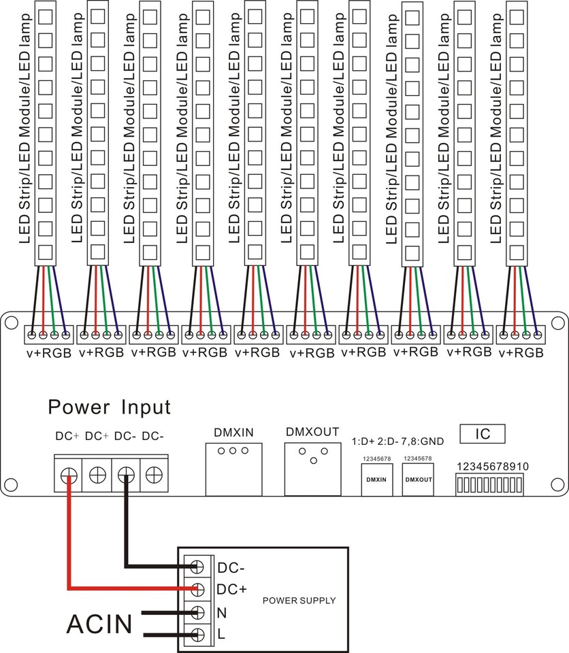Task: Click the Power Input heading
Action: (109, 407)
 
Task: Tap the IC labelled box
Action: (481, 433)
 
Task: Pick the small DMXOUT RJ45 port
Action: (418, 479)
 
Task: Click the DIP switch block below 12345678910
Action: (489, 485)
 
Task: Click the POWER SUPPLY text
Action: (299, 601)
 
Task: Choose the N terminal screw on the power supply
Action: (198, 612)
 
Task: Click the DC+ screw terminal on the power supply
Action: (198, 589)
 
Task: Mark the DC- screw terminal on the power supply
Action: (198, 566)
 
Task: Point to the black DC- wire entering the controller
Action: (126, 524)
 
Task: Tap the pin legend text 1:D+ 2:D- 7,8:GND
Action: (397, 441)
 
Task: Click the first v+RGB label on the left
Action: (49, 352)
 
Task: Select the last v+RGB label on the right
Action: (521, 352)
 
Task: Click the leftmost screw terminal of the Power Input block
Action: (69, 475)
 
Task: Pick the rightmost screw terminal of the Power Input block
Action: (155, 475)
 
